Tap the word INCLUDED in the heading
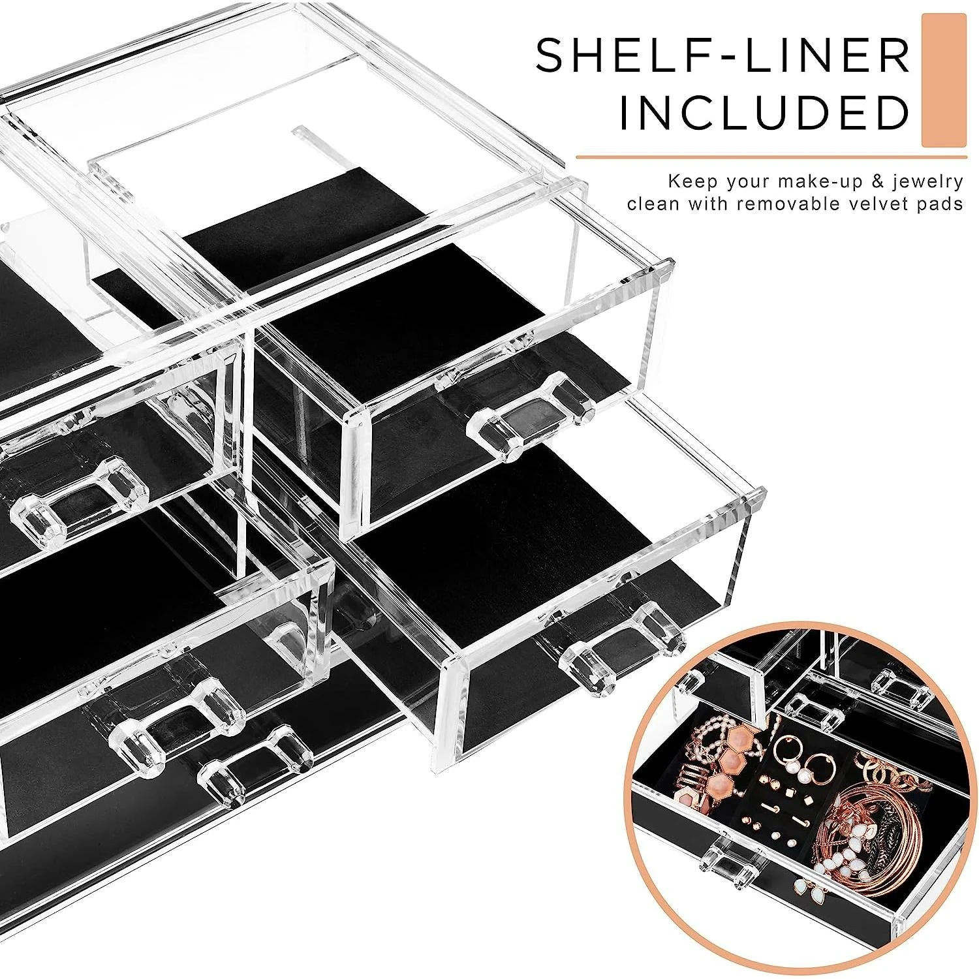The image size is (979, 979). click(x=763, y=113)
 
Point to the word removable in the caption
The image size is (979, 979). click(x=787, y=204)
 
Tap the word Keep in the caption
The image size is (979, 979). click(x=688, y=181)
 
